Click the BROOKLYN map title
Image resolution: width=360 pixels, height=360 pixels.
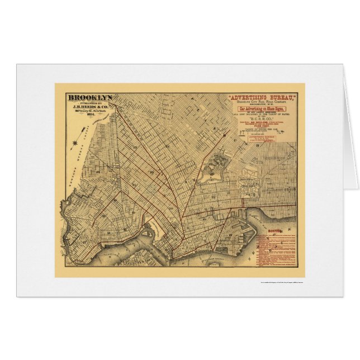coord(90,97)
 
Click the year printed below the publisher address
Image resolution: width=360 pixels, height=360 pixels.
coord(90,116)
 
